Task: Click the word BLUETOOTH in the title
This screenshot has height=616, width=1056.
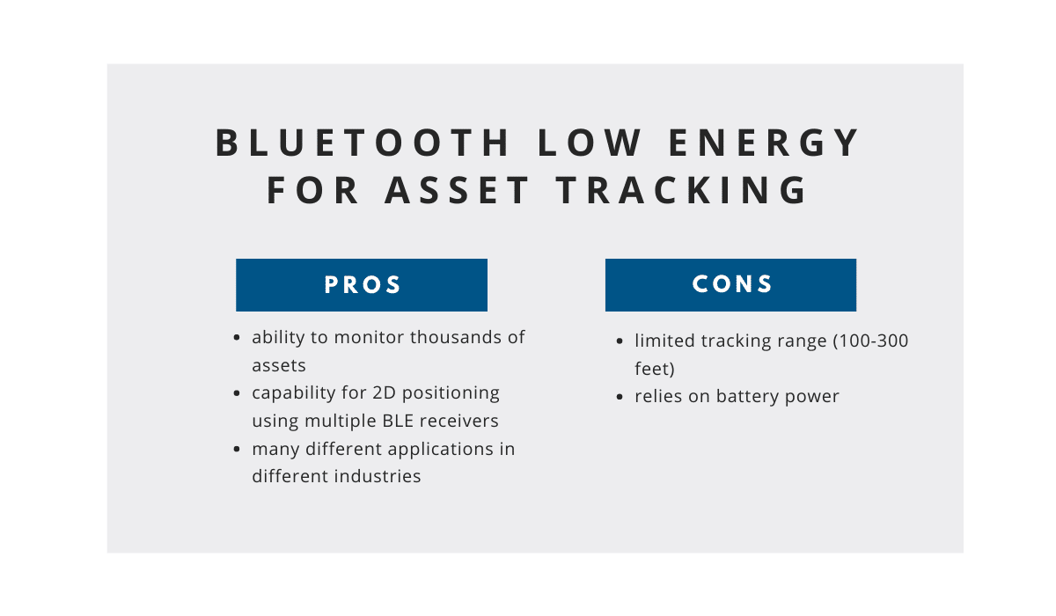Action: click(x=363, y=143)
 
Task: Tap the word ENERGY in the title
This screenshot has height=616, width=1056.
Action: click(x=764, y=143)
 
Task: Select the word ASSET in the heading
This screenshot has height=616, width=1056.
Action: click(x=457, y=190)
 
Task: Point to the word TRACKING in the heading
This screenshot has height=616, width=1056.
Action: click(x=682, y=190)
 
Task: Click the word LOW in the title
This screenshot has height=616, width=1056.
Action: click(x=590, y=143)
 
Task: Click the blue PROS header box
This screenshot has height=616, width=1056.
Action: click(x=362, y=284)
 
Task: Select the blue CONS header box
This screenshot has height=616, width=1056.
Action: click(x=730, y=284)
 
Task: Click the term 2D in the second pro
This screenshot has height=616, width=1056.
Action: click(x=384, y=392)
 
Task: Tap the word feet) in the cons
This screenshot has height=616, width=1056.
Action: click(x=655, y=369)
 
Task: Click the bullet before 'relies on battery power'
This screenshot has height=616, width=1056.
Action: click(x=620, y=397)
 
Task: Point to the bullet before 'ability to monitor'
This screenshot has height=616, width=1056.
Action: click(x=237, y=337)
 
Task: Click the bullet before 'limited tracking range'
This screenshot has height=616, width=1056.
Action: click(x=620, y=341)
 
